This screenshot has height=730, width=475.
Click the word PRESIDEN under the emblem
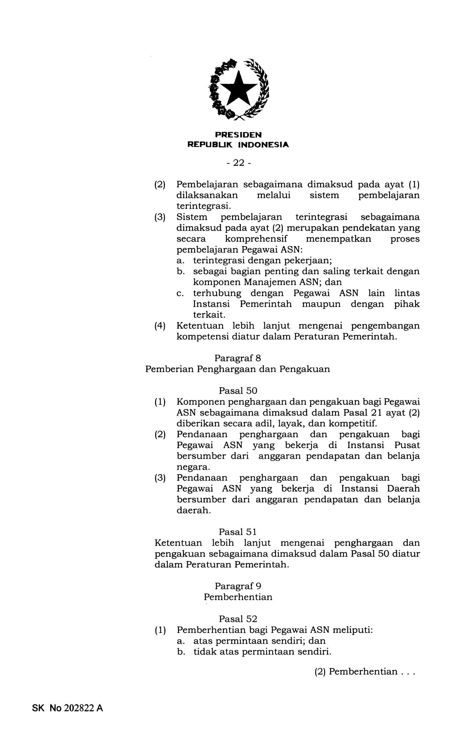tap(238, 135)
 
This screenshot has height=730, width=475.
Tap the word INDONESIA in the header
tap(263, 145)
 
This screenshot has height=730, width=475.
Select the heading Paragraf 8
tap(238, 358)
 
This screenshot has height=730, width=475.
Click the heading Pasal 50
tap(238, 390)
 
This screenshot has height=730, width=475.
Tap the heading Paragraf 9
tap(238, 586)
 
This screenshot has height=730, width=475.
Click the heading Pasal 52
tap(238, 619)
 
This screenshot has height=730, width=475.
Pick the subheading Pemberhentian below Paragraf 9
tap(238, 597)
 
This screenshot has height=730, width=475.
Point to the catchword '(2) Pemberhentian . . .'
tap(365, 672)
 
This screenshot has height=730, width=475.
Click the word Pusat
tap(407, 445)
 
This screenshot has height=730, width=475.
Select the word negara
tap(193, 467)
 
